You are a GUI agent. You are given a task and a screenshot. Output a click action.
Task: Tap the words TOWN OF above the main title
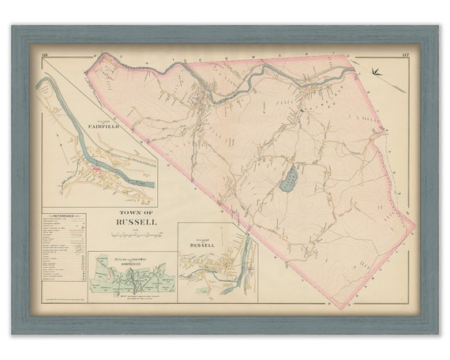coord(132,213)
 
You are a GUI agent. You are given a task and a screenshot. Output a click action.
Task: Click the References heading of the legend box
coord(60,214)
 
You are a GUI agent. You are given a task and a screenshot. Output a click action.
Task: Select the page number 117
coord(403,55)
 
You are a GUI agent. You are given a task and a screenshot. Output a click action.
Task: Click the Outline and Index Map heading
coord(131,258)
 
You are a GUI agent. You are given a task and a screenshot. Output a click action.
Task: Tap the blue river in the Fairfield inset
coord(111,164)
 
